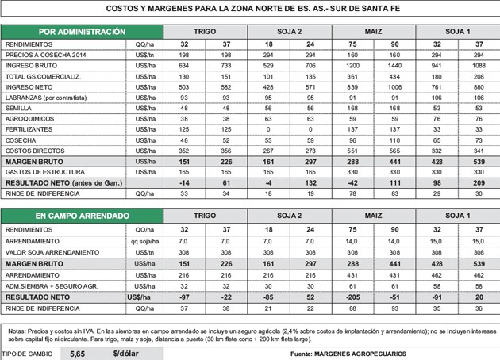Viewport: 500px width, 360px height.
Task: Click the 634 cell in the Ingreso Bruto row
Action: [183, 67]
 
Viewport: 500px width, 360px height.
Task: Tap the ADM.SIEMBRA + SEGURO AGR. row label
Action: [51, 284]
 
